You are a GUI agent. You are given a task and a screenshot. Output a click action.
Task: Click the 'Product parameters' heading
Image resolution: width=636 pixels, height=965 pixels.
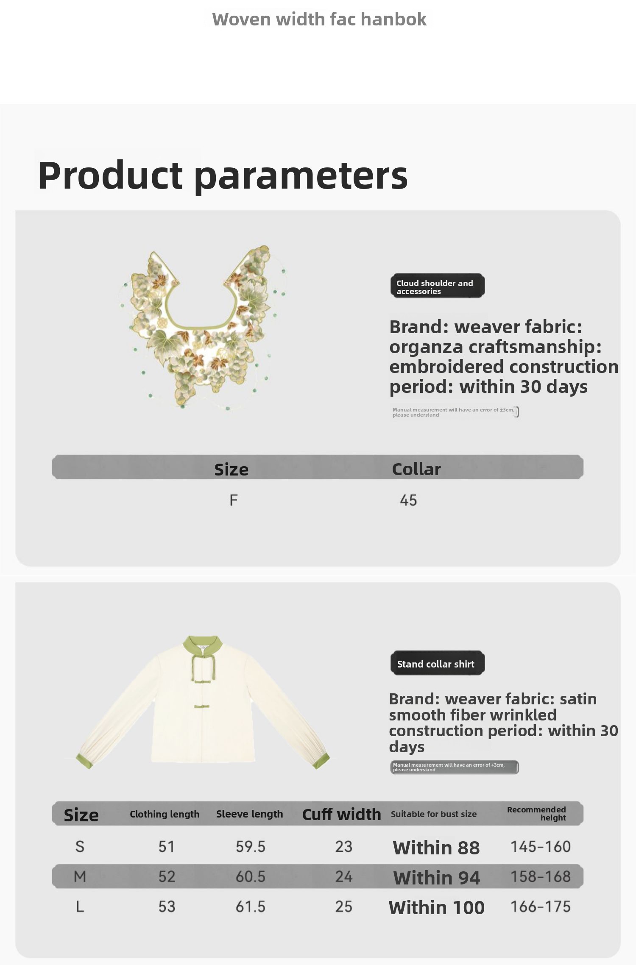point(223,175)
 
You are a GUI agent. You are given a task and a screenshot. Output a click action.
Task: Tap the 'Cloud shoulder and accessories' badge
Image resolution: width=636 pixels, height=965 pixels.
point(437,286)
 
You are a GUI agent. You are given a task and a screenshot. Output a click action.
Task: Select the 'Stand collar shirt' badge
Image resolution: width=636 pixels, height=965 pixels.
point(437,663)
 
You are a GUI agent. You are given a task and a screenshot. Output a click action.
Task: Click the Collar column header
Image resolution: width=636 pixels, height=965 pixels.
point(416,469)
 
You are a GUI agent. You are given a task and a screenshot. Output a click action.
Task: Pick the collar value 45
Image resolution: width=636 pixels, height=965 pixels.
point(408,500)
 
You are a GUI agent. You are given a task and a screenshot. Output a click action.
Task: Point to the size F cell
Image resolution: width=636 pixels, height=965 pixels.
point(234,500)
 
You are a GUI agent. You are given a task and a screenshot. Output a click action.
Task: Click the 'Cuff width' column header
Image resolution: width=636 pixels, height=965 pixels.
point(342,814)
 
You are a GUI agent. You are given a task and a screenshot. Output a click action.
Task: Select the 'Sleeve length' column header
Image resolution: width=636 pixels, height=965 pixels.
point(250,814)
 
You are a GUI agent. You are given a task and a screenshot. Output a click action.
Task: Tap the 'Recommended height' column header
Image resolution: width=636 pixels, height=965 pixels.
point(537,814)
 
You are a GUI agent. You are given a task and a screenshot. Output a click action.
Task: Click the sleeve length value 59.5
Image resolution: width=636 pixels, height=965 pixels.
point(251,846)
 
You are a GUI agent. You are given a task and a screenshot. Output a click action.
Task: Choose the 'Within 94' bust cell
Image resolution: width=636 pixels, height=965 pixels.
point(437,878)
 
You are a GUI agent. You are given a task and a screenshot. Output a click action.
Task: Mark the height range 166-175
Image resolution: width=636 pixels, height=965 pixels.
point(541,907)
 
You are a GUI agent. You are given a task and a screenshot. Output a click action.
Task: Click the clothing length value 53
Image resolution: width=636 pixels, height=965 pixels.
point(167,907)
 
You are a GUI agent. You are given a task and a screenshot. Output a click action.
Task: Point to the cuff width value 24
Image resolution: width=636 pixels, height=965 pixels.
point(344,876)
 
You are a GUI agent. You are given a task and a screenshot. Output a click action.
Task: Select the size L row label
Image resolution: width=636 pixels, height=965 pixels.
point(80,907)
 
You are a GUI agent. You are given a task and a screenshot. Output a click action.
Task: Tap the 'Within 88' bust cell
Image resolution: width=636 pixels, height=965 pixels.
point(436,848)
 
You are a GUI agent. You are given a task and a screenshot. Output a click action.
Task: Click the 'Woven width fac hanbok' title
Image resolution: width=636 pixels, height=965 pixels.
point(319,19)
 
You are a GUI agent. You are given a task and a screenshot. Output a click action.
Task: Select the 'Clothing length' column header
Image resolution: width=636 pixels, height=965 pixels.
point(165,814)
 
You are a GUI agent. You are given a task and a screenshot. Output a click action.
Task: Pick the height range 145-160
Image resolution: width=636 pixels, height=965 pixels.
point(541,846)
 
